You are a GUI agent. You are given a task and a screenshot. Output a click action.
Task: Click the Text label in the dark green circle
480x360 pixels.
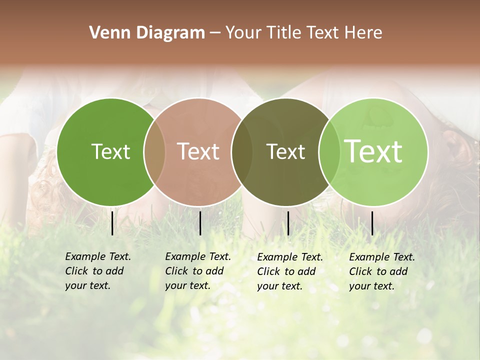(x=110, y=151)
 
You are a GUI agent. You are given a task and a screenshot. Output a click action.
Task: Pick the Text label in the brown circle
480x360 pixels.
(x=198, y=151)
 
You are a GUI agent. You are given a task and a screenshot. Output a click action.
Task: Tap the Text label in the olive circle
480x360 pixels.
(x=285, y=151)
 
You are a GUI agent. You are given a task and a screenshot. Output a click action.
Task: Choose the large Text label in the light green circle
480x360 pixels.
(x=373, y=151)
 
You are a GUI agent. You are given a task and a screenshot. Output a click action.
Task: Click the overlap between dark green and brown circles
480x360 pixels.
(x=154, y=152)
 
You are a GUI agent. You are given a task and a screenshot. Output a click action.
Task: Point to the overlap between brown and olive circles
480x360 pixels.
(x=242, y=152)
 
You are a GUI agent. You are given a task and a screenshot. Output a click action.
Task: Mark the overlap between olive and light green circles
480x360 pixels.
(x=329, y=152)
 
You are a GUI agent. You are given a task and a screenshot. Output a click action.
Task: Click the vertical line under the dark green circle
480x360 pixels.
(x=112, y=223)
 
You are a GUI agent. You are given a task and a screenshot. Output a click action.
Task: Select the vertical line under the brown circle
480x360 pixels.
(x=200, y=223)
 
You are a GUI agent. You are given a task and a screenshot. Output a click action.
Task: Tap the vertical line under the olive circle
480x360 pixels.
(x=288, y=223)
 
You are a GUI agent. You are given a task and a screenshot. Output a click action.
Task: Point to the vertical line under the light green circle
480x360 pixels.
(x=372, y=223)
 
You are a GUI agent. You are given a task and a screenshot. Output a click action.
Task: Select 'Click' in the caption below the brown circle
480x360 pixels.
(x=176, y=271)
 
